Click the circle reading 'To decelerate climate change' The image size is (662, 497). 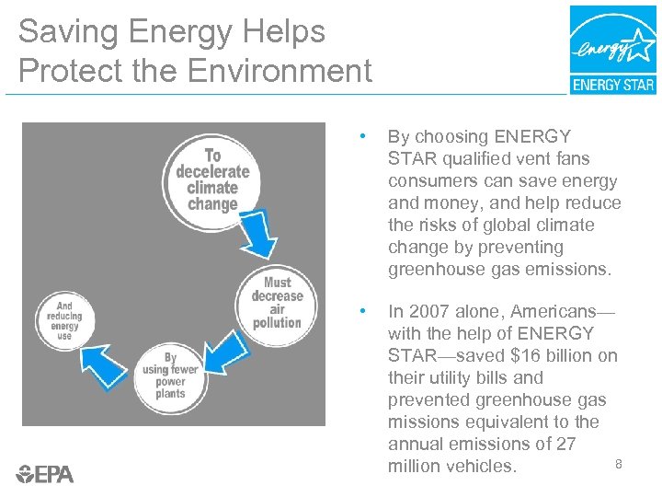coord(212,179)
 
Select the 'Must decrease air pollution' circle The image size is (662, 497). coord(277,302)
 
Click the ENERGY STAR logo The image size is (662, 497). coord(612,50)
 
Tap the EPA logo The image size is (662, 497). coord(45,474)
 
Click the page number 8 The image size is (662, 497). coord(619,464)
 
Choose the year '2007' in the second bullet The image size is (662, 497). coord(430,311)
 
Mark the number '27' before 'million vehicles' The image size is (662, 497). coord(565,444)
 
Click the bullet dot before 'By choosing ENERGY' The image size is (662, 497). coord(366,137)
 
